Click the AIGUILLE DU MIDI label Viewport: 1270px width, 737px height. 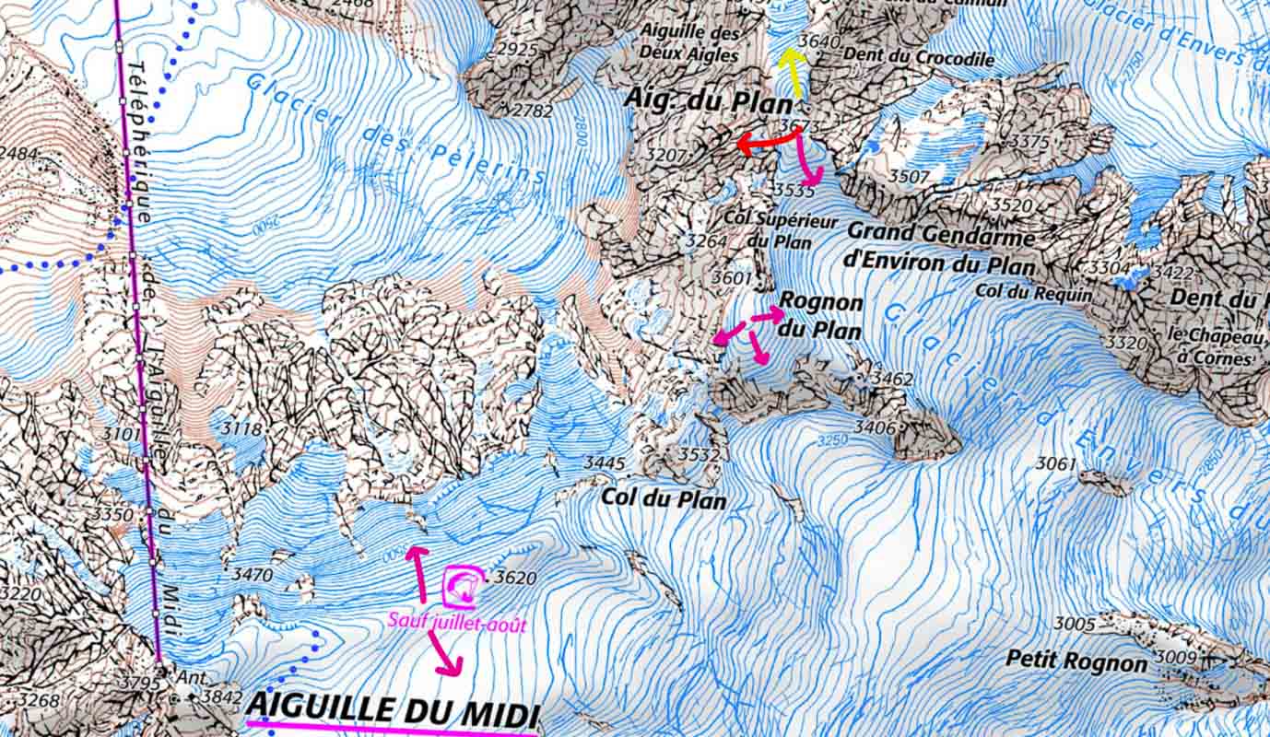point(393,710)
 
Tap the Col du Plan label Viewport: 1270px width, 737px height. point(664,498)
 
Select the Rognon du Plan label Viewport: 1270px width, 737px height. point(820,316)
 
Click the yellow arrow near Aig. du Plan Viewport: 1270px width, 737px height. point(792,73)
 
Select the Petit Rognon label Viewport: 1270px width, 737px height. point(1076,661)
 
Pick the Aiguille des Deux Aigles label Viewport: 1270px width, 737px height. point(689,43)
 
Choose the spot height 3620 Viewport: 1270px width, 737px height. point(514,578)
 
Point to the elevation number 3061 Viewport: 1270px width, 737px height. point(1055,462)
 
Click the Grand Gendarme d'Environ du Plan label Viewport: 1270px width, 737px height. point(941,249)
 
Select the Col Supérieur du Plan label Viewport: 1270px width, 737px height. point(780,232)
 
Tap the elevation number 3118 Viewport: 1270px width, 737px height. point(241,428)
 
